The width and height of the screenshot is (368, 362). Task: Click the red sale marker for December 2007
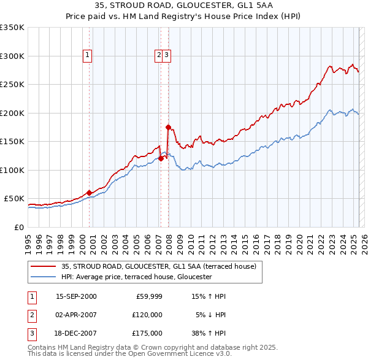tap(168, 127)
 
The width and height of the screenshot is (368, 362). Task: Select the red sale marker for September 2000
tap(90, 193)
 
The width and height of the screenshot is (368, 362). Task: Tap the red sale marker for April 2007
tap(161, 158)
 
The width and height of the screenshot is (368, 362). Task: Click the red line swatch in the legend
tap(42, 266)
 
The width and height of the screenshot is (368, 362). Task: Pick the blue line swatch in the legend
tap(42, 277)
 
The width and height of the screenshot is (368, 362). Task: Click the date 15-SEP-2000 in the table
tap(76, 296)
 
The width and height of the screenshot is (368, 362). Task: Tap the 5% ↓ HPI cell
tap(211, 315)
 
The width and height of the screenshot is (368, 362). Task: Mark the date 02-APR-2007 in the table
tap(76, 315)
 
